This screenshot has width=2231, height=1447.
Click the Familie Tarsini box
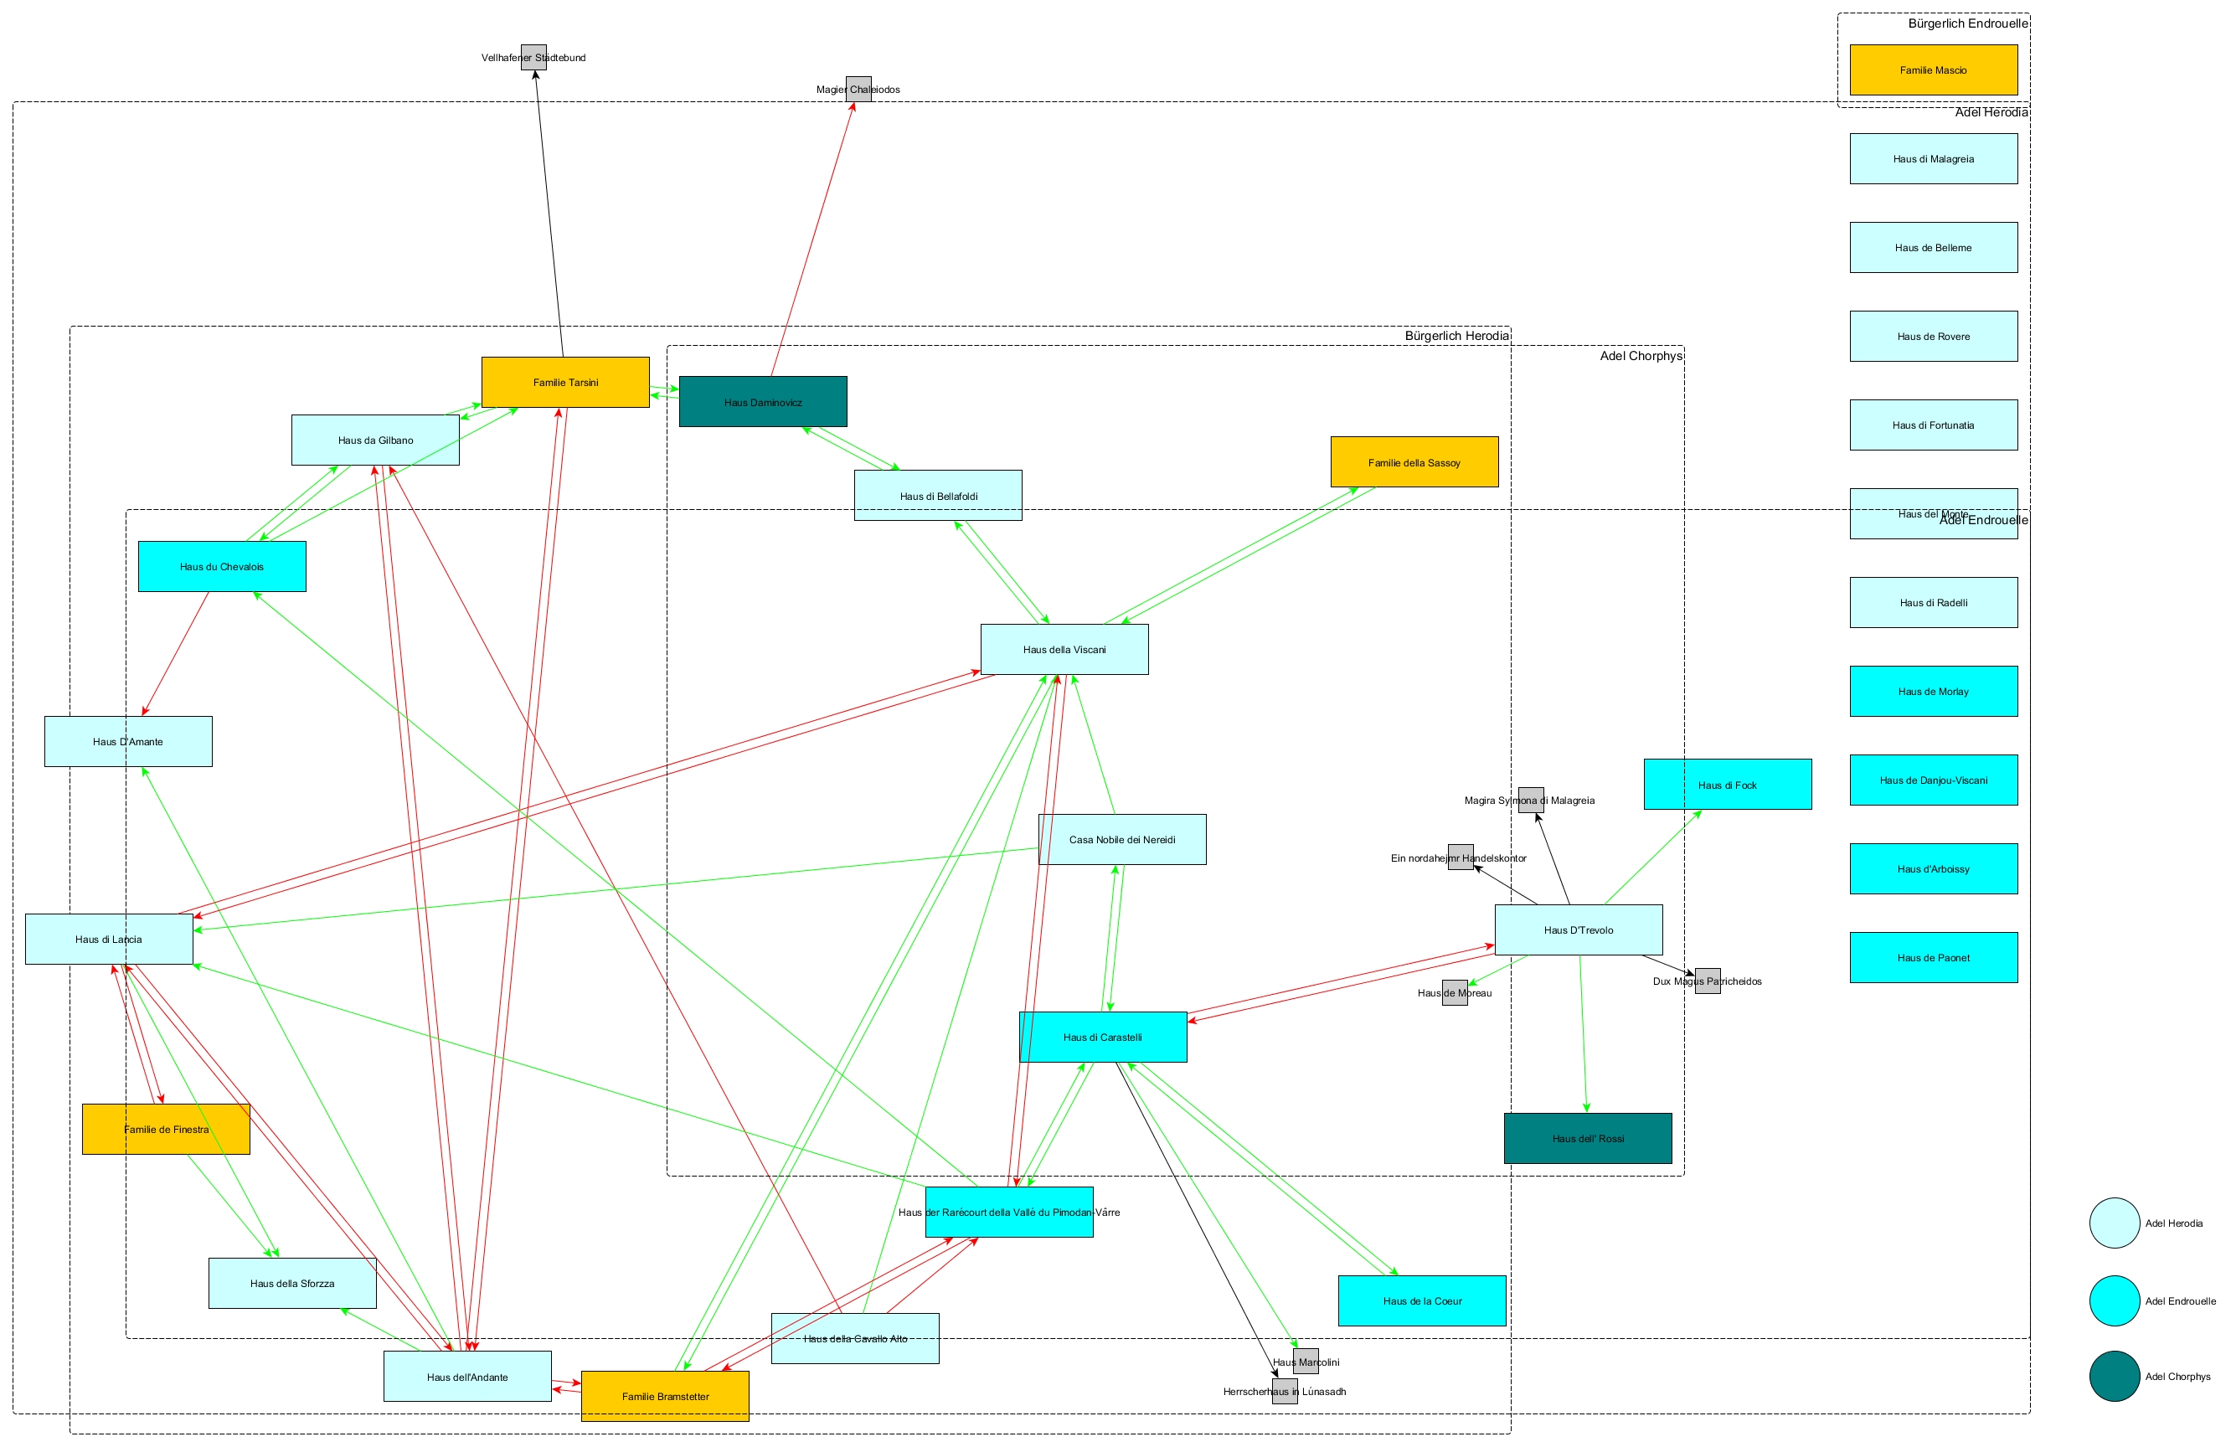pos(565,383)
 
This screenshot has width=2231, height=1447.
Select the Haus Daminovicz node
pos(763,402)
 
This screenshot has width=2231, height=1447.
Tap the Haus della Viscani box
pos(1064,650)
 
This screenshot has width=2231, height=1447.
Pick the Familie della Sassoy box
pos(1414,462)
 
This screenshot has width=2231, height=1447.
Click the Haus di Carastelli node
pos(1102,1038)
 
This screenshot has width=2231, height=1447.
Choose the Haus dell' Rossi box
pos(1587,1139)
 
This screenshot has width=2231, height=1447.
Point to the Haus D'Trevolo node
pos(1579,929)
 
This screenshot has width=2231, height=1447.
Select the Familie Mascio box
pos(1933,70)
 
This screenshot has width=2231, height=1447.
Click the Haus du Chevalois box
pos(222,566)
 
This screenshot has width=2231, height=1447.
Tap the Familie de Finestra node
pos(166,1130)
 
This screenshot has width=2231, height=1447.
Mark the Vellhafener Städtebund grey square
pos(533,57)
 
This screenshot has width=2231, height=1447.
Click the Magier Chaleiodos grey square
pos(858,89)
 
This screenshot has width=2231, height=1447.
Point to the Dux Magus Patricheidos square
pos(1707,981)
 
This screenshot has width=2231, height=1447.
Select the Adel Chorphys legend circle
pos(2114,1377)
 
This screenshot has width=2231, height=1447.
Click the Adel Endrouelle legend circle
pos(2114,1300)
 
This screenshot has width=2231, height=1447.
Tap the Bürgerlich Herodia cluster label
pos(1456,336)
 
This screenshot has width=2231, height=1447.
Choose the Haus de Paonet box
pos(1933,958)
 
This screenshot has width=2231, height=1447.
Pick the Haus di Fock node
pos(1727,785)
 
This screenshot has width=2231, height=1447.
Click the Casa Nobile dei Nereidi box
pos(1122,840)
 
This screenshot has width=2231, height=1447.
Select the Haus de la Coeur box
pos(1421,1300)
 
